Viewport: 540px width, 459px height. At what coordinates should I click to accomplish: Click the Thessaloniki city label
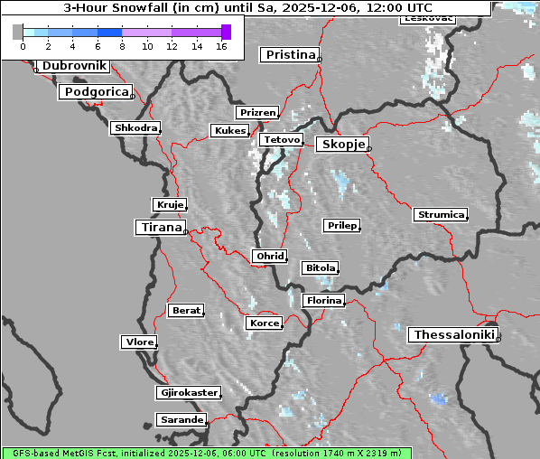(453, 335)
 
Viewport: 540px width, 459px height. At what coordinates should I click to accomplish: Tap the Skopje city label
(341, 145)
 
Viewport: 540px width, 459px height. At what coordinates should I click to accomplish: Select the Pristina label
(290, 55)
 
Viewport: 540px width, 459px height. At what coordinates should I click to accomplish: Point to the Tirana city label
(160, 228)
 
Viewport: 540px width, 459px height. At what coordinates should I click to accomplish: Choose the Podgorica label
(96, 92)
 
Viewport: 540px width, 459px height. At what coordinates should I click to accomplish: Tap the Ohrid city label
(270, 257)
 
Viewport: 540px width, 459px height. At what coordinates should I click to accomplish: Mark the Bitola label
(320, 268)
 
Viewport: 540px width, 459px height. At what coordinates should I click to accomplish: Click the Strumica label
(440, 215)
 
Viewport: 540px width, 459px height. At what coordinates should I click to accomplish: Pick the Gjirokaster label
(188, 393)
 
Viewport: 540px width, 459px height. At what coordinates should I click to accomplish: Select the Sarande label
(181, 420)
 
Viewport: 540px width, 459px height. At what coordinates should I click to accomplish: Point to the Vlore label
(138, 342)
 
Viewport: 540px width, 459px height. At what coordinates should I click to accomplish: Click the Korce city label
(264, 323)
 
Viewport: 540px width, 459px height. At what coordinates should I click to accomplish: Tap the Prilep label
(341, 225)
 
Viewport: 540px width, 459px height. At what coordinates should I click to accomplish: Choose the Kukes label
(228, 131)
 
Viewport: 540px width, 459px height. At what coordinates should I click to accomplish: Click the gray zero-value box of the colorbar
(18, 32)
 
